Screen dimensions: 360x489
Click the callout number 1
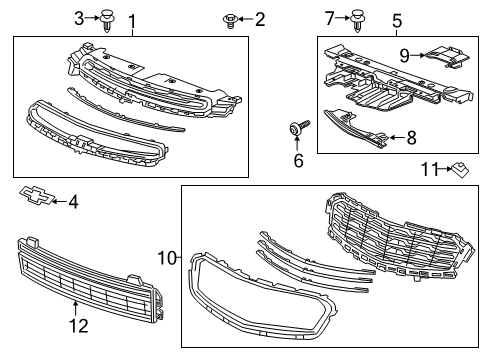[131, 20]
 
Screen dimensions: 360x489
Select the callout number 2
[259, 19]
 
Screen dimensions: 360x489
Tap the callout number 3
[79, 18]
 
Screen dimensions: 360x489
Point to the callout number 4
[72, 202]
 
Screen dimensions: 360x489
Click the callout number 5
[396, 20]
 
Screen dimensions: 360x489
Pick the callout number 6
[298, 160]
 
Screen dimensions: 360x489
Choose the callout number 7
[330, 17]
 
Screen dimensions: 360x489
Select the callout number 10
[165, 258]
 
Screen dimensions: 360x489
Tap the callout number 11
[427, 171]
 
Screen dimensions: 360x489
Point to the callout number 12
[77, 324]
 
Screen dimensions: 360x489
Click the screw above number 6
[298, 128]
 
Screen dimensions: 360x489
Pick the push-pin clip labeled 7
[357, 17]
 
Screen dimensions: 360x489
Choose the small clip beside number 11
[460, 169]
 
